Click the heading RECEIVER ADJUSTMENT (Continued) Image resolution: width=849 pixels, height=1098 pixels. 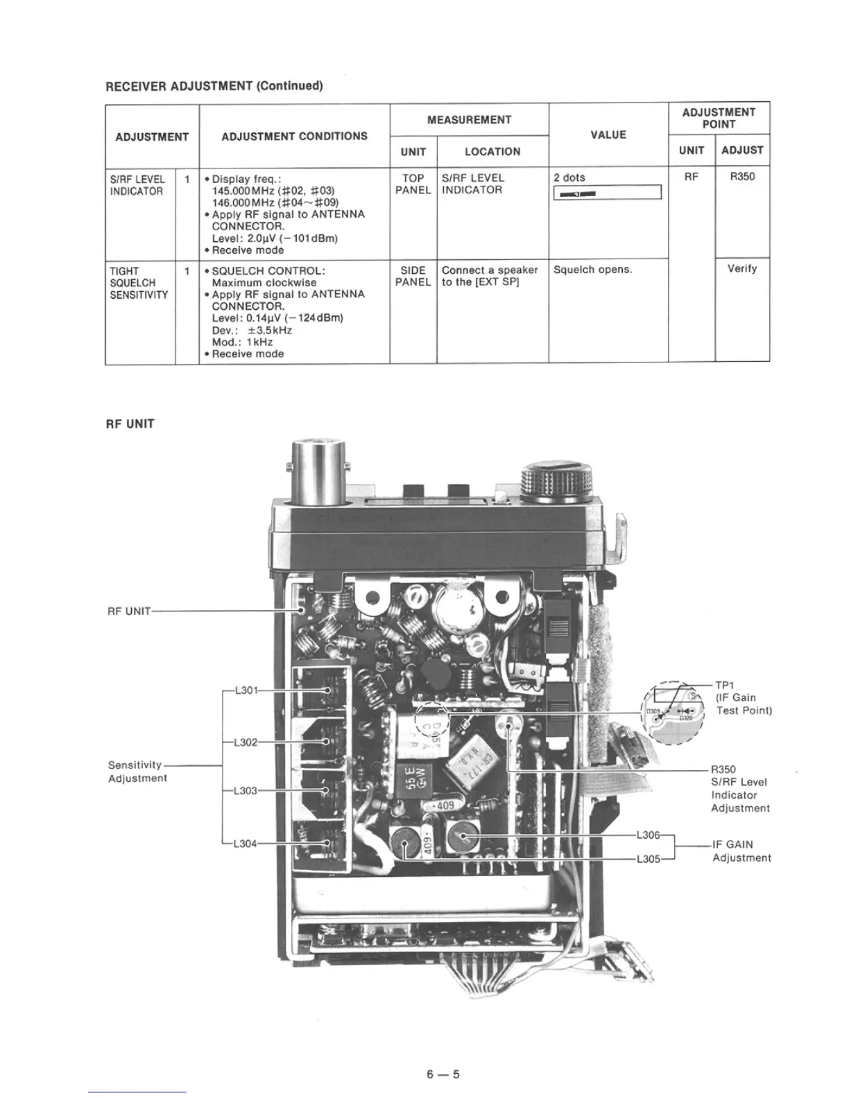[214, 86]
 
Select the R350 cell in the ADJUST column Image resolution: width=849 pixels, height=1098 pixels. [741, 177]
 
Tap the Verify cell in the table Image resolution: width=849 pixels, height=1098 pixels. [741, 269]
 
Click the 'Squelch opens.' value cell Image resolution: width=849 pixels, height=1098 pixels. [593, 270]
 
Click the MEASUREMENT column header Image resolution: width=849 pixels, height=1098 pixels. [469, 120]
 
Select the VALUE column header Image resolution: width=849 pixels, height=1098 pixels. [608, 135]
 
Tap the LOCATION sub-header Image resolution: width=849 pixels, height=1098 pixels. [492, 152]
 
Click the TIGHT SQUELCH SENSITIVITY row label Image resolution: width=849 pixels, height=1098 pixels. [139, 283]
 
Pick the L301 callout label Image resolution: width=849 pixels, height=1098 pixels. [246, 690]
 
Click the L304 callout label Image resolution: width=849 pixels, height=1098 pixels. [246, 844]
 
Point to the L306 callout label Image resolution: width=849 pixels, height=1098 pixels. [648, 835]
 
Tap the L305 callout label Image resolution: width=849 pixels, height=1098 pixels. [648, 860]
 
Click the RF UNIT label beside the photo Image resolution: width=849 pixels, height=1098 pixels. [129, 611]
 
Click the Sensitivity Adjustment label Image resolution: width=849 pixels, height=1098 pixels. [137, 772]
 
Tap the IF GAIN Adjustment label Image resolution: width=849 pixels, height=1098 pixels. [741, 851]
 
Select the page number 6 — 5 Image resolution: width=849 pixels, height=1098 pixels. [443, 1075]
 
